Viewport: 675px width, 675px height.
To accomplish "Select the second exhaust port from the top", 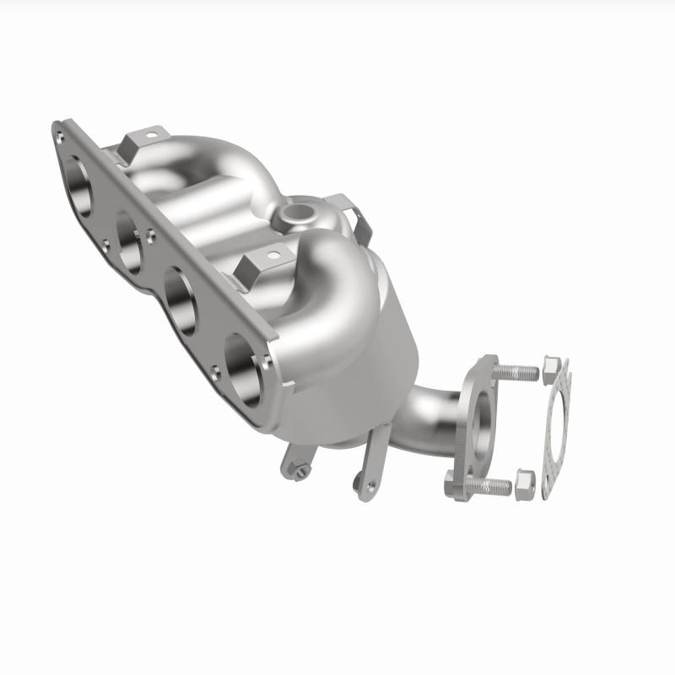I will tap(132, 241).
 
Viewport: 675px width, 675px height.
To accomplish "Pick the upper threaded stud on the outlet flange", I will tap(515, 370).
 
